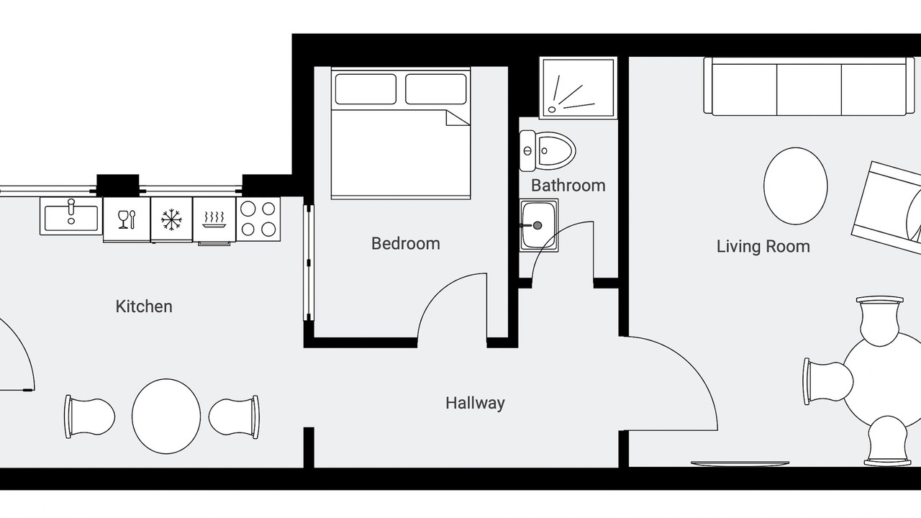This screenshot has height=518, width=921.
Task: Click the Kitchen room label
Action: (144, 306)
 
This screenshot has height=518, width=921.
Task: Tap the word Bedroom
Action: (406, 244)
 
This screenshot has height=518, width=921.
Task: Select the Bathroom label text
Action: (568, 186)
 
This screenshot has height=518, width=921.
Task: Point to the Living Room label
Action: (763, 247)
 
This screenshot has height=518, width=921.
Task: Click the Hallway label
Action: (476, 404)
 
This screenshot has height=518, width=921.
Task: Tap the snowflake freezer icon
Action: (171, 219)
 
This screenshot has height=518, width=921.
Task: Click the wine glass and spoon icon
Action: (126, 219)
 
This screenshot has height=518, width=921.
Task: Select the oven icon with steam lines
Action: (214, 220)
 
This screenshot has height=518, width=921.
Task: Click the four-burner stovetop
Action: (258, 219)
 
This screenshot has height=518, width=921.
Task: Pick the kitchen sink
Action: (71, 217)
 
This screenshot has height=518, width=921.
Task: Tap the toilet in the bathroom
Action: (548, 151)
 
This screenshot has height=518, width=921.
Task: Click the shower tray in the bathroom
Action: (579, 88)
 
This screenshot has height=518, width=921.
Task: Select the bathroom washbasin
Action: (539, 225)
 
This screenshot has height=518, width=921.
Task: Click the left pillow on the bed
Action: (366, 88)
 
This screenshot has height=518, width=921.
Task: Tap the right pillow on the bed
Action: (436, 88)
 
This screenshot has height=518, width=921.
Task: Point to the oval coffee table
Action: (796, 186)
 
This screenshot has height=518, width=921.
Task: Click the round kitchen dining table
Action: (166, 417)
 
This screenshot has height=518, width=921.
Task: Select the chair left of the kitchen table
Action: (90, 417)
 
